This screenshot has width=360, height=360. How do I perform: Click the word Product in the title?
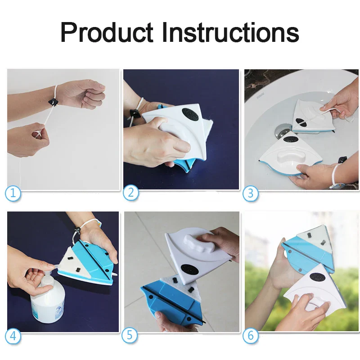[x=107, y=32]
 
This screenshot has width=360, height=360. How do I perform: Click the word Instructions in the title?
[x=230, y=32]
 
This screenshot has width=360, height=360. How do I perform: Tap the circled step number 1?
[x=13, y=193]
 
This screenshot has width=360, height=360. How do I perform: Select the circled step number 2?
[x=130, y=193]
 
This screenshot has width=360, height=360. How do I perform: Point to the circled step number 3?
[x=251, y=193]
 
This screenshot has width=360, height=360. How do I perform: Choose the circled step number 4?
[x=13, y=336]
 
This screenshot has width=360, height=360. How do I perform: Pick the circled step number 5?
[x=130, y=335]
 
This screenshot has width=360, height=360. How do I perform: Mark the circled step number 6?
[x=251, y=335]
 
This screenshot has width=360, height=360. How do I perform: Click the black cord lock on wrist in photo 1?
[x=53, y=102]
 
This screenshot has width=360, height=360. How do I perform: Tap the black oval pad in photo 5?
[x=190, y=269]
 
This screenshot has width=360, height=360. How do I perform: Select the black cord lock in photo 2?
[x=134, y=114]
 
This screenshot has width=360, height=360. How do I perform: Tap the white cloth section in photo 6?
[x=314, y=239]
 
